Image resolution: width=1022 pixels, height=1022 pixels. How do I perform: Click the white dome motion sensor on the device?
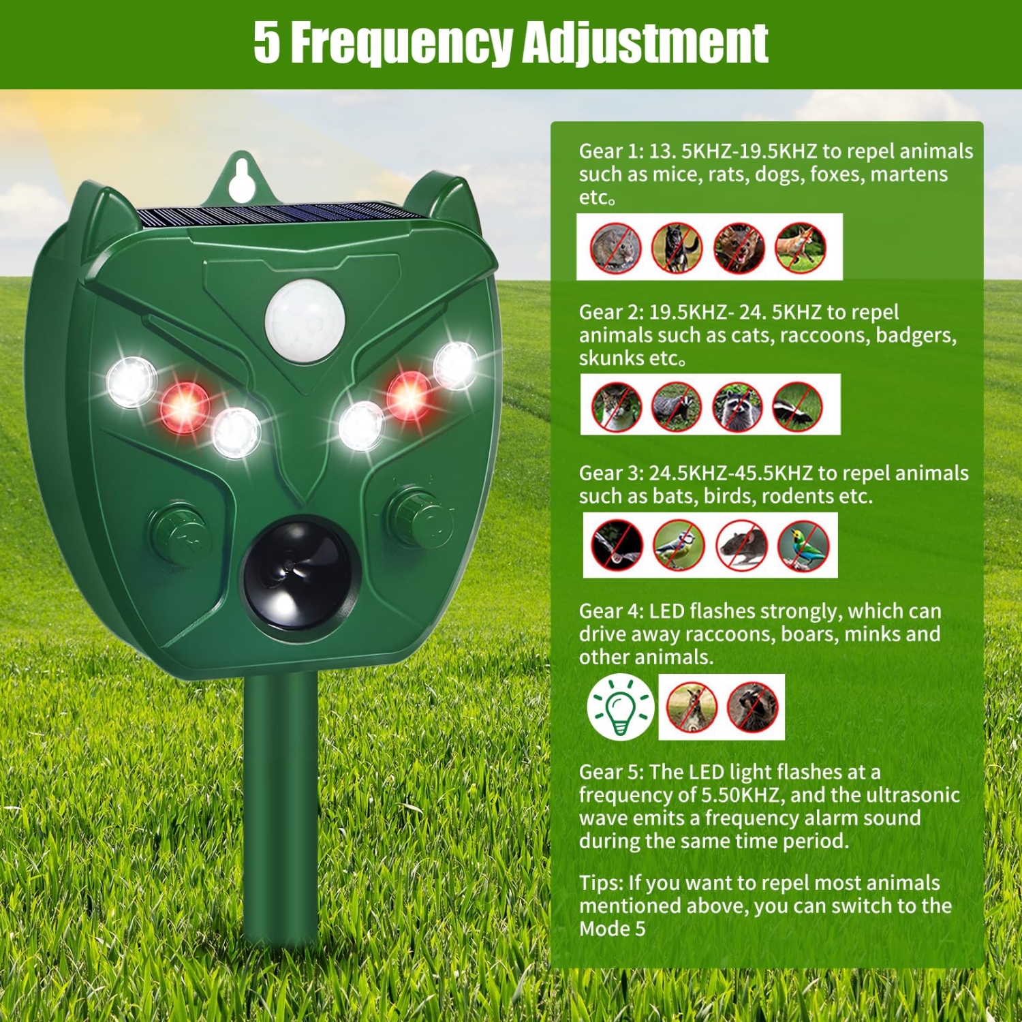305,319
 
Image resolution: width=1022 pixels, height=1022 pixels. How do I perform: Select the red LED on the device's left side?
184,407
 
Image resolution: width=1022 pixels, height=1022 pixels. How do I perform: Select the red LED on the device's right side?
408,395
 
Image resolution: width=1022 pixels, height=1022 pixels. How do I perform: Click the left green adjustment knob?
179,533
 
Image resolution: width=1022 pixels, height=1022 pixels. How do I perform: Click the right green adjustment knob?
417,516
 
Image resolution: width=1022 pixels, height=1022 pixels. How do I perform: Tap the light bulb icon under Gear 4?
620,707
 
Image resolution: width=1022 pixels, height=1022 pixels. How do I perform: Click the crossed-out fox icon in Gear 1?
800,247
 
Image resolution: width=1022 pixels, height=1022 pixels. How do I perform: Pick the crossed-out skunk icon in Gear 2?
797,406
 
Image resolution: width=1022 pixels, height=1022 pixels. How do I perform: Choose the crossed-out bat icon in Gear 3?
617,545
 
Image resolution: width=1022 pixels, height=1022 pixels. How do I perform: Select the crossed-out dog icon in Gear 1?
677,247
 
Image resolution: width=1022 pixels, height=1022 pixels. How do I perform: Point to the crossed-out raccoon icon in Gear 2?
737,406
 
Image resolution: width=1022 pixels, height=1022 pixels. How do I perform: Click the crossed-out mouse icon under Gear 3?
741,545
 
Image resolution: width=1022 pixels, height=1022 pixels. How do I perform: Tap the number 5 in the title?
267,42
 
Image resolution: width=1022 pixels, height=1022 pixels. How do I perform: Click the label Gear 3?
610,473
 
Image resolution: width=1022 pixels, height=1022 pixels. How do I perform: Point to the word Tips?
601,883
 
